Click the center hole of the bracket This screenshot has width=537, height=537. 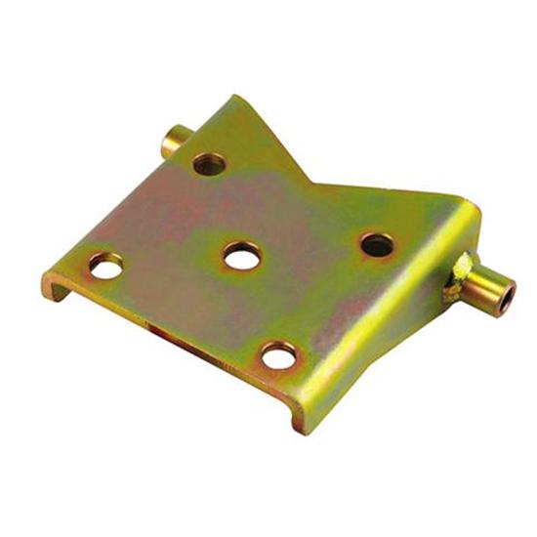point(241,257)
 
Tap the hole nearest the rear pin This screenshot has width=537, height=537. point(209,163)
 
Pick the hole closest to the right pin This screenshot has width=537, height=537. point(377,244)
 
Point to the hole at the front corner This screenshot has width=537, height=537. point(279,356)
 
